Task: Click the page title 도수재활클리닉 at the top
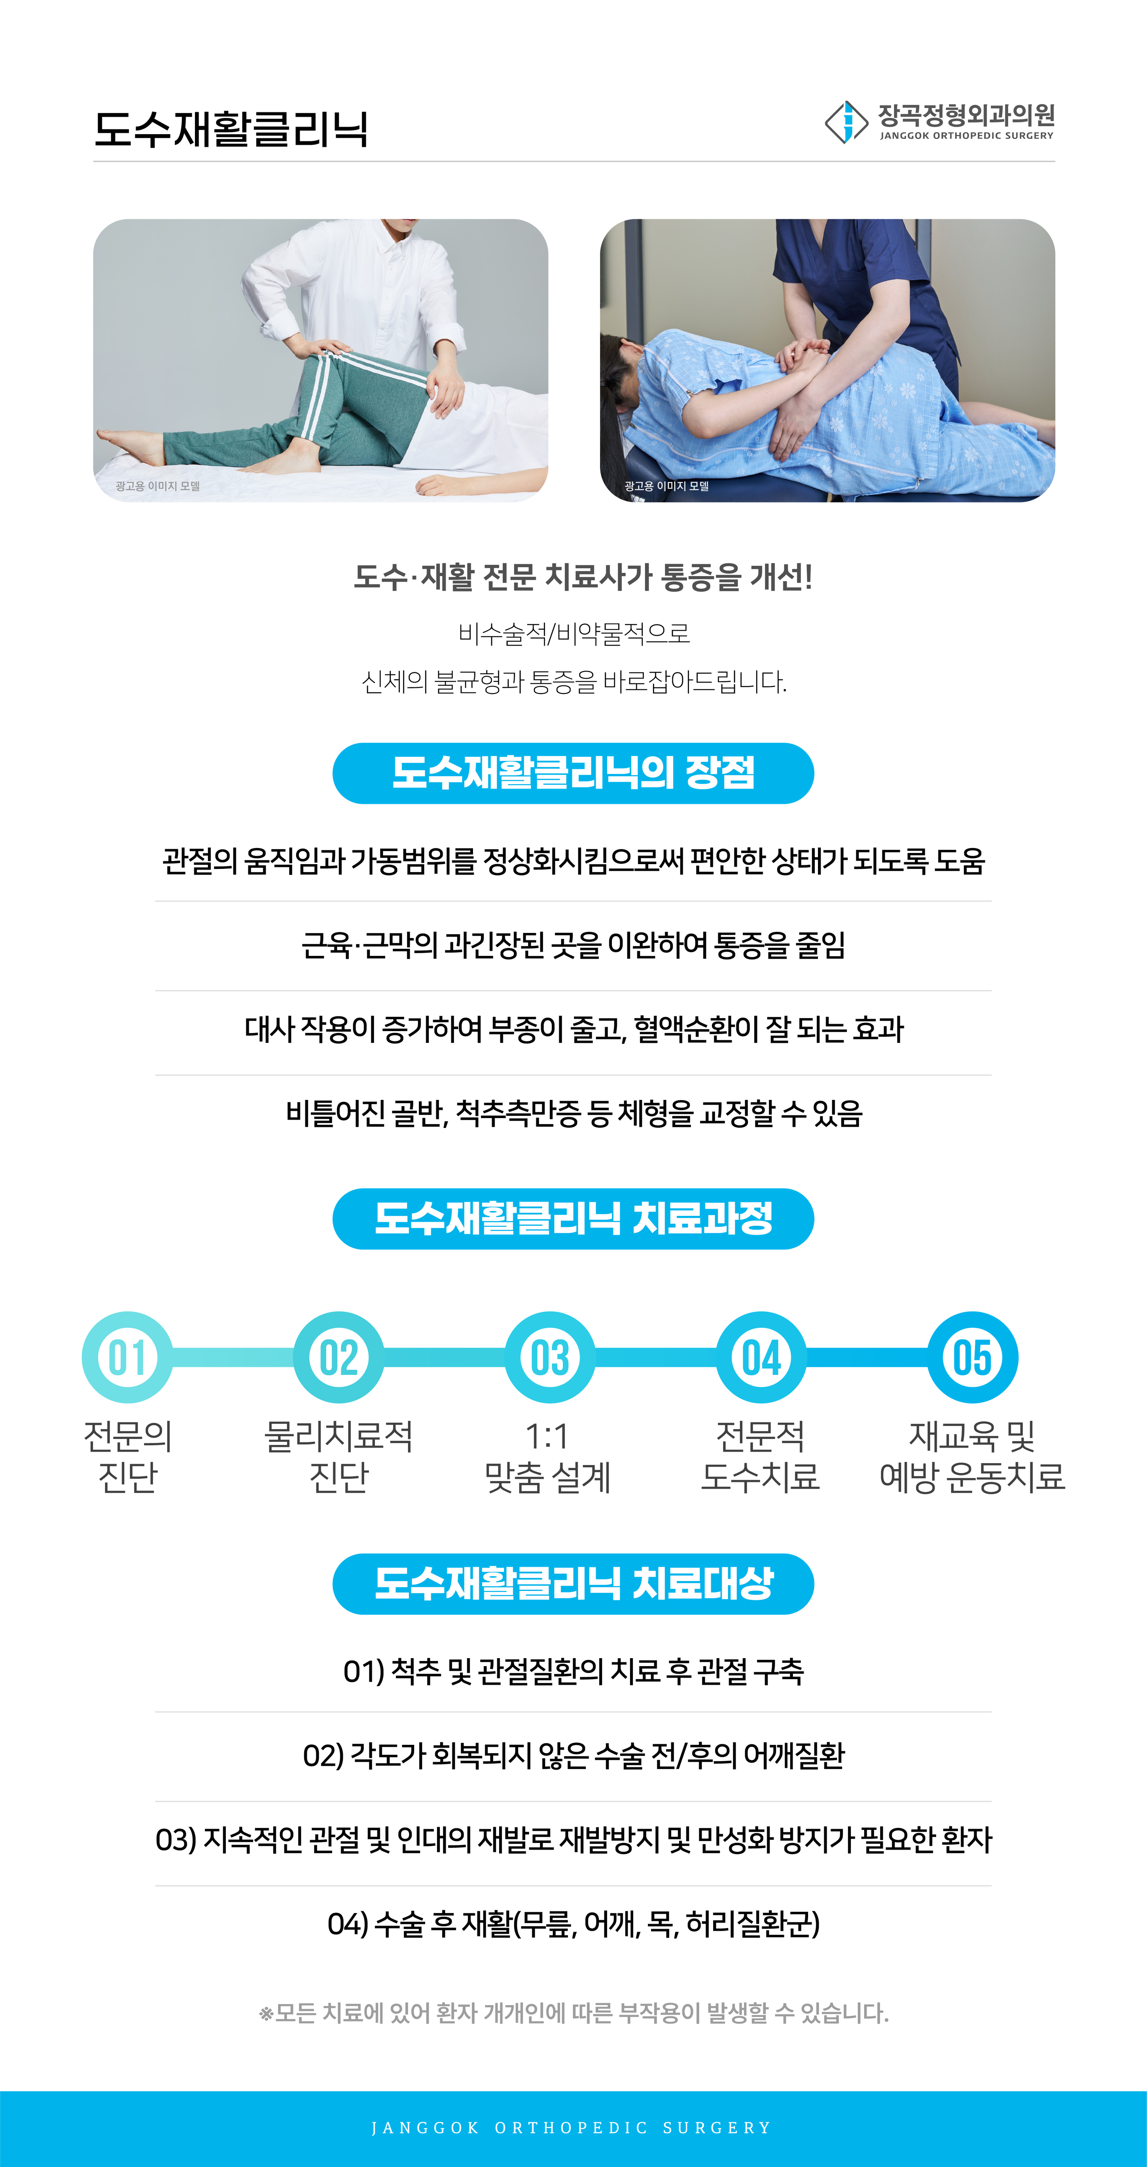coord(231,129)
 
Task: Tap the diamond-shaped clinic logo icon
coord(846,122)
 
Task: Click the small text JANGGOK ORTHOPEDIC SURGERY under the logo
coord(966,135)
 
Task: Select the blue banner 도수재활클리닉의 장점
coord(573,773)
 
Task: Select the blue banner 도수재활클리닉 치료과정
coord(573,1218)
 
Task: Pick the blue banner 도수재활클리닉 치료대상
coord(573,1583)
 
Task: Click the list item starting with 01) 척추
coord(573,1671)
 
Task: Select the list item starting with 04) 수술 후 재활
coord(573,1923)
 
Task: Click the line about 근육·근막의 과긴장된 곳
coord(573,945)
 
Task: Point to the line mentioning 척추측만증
coord(573,1113)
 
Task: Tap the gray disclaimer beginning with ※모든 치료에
coord(573,2013)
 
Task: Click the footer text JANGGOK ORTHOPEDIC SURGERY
coord(572,2127)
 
